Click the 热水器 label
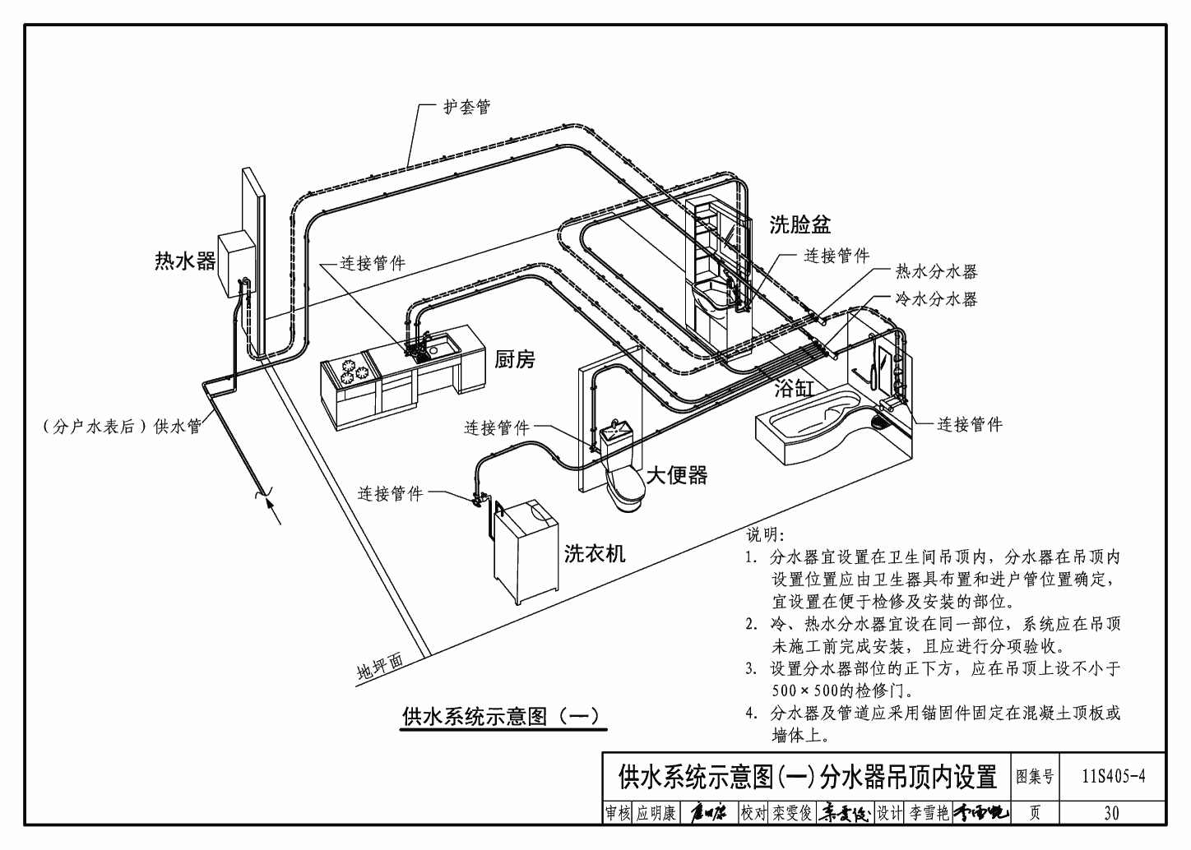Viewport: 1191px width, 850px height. tap(185, 261)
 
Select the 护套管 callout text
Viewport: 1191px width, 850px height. tap(466, 108)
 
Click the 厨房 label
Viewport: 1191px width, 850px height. tap(514, 359)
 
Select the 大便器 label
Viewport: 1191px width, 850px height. tap(676, 475)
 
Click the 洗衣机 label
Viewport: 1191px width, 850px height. tap(595, 553)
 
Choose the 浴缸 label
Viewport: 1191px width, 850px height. tap(794, 388)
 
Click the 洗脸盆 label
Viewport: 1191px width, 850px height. tap(799, 224)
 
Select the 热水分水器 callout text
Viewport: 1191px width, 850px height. tap(936, 272)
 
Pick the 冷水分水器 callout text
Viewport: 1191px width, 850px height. tap(936, 299)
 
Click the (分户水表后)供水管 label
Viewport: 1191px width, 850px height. tap(122, 427)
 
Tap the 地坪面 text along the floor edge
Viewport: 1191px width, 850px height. tap(380, 668)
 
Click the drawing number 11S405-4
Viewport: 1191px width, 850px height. tap(1114, 775)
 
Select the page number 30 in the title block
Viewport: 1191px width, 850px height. tap(1111, 813)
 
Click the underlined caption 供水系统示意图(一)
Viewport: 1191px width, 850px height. tap(501, 716)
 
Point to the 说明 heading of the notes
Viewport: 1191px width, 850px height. tap(765, 534)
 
